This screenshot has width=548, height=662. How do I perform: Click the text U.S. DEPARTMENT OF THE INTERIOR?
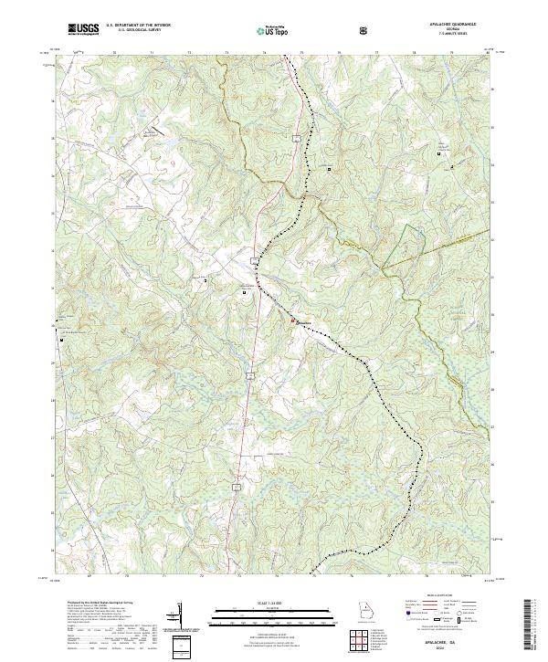(x=137, y=26)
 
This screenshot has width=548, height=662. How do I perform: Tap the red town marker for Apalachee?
(x=293, y=320)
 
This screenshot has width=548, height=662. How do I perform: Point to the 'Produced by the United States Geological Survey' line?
(x=90, y=604)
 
